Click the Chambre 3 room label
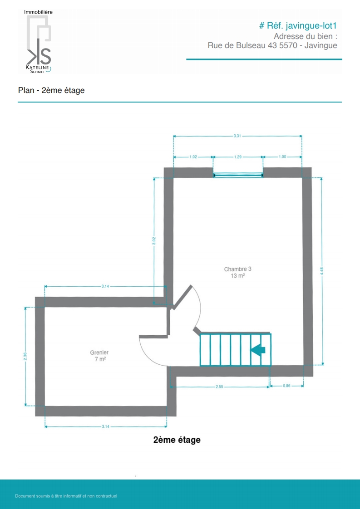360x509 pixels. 238,269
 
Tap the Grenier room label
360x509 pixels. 99,352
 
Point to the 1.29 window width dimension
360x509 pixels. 238,157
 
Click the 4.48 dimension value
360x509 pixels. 322,271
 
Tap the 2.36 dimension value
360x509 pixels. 25,357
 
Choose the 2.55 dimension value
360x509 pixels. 220,387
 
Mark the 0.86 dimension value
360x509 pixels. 286,386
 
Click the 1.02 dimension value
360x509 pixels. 193,157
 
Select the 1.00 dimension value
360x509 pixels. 282,157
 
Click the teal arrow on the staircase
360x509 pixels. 258,350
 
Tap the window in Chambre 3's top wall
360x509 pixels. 238,175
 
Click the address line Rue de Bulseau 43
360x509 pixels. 242,46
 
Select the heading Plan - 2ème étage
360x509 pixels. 51,90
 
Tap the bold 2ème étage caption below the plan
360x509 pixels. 177,440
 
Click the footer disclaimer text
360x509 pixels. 66,496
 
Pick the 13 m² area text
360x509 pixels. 238,276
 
